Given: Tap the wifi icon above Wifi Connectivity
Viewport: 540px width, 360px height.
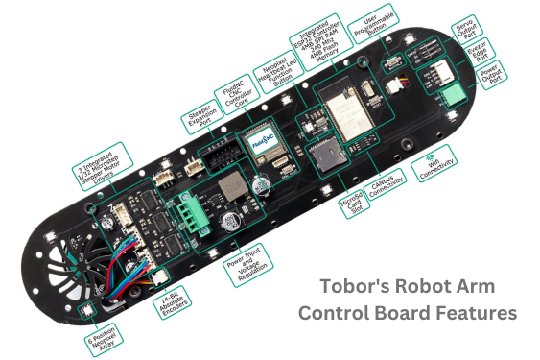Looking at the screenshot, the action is point(432,153).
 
